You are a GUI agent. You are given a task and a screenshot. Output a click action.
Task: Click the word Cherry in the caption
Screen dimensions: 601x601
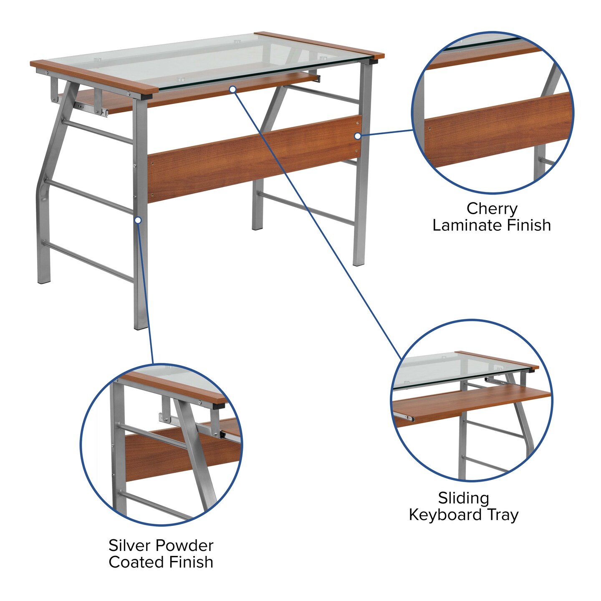492,208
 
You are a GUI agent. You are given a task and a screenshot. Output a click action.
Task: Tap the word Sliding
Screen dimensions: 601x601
463,498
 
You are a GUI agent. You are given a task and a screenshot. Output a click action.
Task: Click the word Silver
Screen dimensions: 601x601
127,545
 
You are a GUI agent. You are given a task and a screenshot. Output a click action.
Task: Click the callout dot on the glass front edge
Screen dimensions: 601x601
233,89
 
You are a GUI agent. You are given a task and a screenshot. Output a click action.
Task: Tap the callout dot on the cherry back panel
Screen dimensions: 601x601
357,136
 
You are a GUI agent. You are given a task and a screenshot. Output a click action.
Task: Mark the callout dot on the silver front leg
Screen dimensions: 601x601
138,220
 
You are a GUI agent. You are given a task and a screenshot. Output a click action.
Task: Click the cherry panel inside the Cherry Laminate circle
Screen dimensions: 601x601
497,129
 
